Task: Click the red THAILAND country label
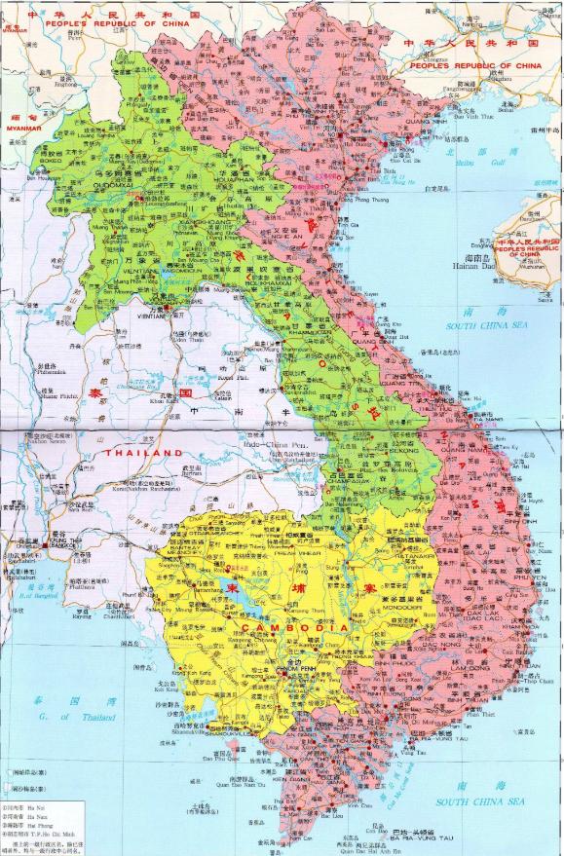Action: [143, 454]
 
